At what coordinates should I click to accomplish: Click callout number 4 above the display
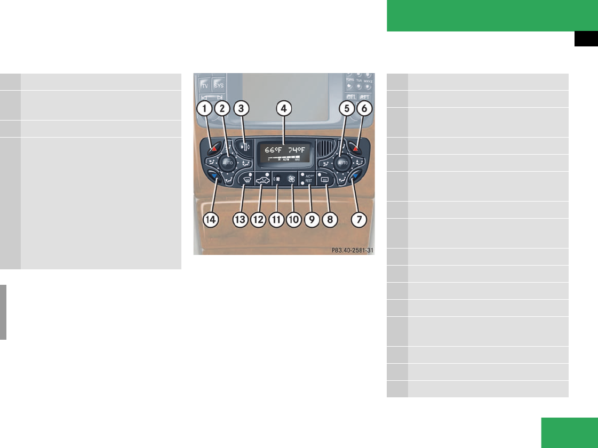(x=284, y=109)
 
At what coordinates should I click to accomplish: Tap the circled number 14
(x=212, y=220)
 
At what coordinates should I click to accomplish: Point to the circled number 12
(x=259, y=220)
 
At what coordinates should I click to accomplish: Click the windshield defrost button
(x=245, y=180)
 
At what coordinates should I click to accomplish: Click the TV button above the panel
(x=204, y=85)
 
